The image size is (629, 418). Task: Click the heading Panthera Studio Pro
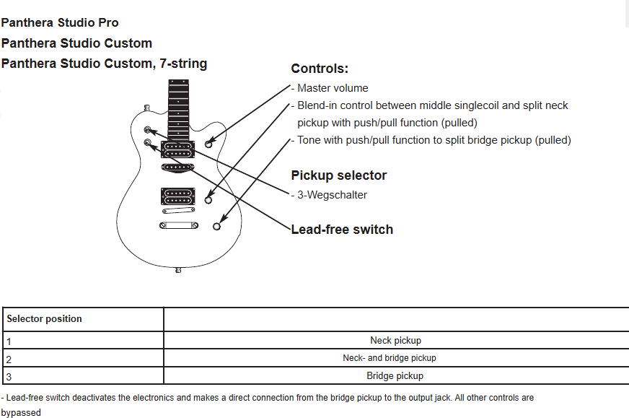click(60, 22)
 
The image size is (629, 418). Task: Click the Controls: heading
click(320, 69)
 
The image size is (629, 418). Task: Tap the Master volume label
click(333, 88)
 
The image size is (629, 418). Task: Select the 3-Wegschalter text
click(332, 195)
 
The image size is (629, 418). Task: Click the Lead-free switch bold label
click(342, 230)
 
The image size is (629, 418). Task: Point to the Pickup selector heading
click(339, 175)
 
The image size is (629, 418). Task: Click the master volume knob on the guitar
click(208, 144)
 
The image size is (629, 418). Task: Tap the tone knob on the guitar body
click(216, 227)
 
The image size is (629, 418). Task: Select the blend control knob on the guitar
click(208, 199)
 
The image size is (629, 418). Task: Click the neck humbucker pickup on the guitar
click(177, 149)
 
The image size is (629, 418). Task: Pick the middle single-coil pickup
click(177, 167)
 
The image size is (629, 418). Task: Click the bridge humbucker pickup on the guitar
click(178, 196)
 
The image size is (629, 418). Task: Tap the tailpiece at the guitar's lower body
click(178, 226)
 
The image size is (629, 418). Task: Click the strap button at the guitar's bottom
click(178, 270)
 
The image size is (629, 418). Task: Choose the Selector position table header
click(44, 319)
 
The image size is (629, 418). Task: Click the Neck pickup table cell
click(395, 341)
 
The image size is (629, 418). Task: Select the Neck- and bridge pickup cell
click(389, 358)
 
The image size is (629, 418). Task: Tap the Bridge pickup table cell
click(395, 376)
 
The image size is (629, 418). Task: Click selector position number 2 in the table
click(9, 360)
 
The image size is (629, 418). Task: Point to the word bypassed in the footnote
click(21, 413)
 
